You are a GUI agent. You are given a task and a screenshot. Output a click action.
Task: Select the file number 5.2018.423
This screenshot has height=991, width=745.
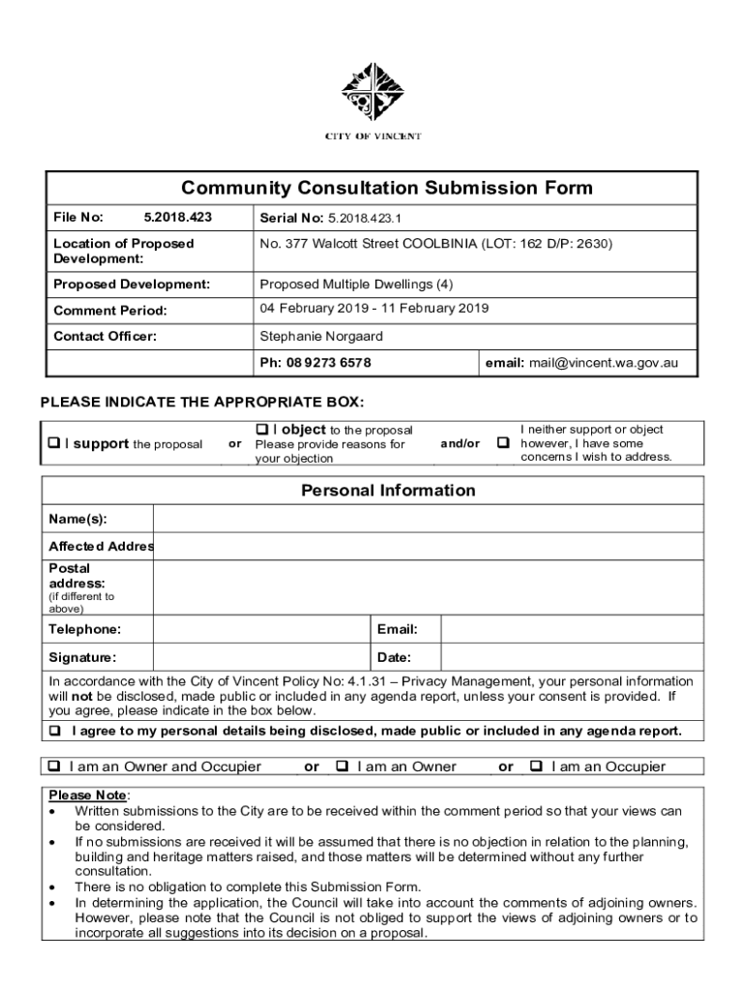(x=177, y=217)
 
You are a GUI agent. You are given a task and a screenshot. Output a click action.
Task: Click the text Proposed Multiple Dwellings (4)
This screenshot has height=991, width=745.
(x=356, y=285)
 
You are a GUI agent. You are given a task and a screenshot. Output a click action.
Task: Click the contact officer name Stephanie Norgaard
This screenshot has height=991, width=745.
(x=321, y=337)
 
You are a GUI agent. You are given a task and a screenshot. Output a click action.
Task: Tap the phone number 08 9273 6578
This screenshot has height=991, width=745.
(x=329, y=363)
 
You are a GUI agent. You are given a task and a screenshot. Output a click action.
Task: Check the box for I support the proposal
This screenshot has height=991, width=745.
(x=54, y=444)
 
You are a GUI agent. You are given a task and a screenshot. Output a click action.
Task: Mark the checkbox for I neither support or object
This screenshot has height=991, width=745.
(x=503, y=443)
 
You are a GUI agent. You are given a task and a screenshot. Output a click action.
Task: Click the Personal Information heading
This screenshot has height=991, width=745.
(x=388, y=491)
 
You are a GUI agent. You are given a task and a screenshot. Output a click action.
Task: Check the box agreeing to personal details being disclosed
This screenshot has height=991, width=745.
(x=55, y=731)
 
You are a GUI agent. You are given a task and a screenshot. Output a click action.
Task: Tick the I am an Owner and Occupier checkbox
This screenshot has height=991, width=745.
(x=55, y=766)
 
